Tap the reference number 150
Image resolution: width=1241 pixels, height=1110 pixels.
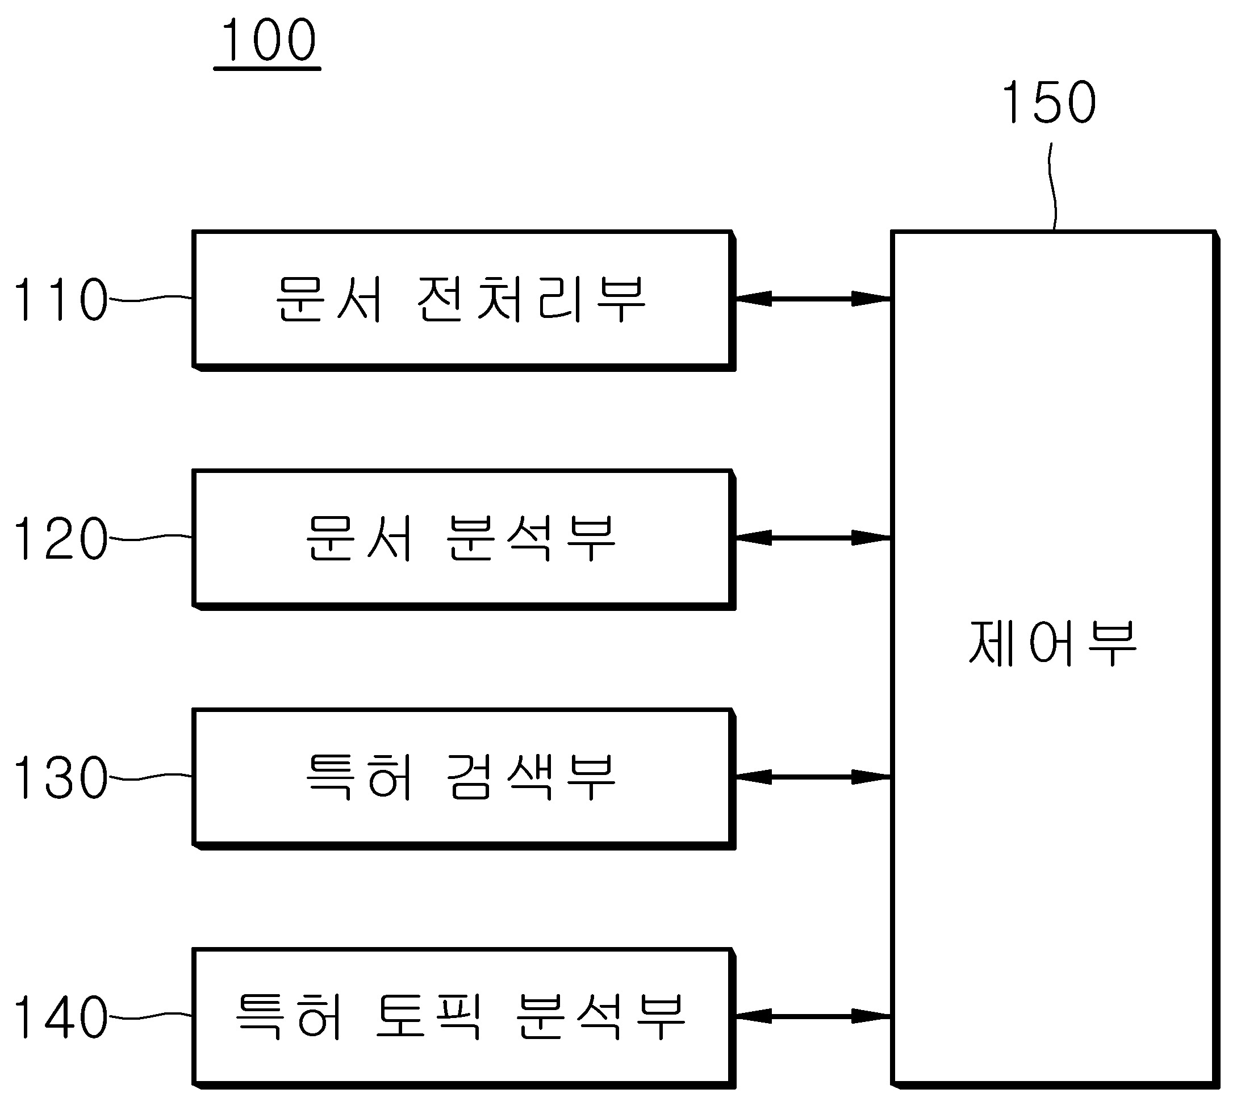click(x=1049, y=102)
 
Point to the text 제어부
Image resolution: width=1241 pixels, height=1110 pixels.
click(x=1052, y=643)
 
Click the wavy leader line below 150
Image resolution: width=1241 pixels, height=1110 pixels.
click(x=1052, y=186)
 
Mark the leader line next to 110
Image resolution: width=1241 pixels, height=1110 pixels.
click(x=150, y=298)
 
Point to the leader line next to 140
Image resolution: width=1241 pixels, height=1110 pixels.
click(x=150, y=1016)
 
